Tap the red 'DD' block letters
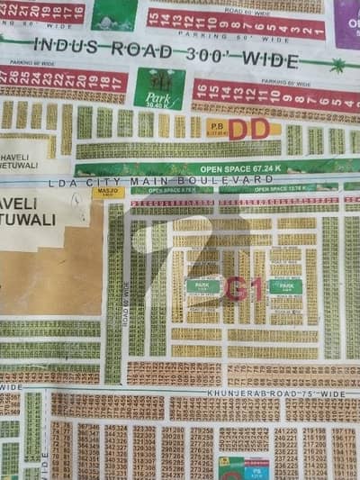[x=248, y=130]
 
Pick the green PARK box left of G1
[x=202, y=286]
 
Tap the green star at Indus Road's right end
[x=337, y=65]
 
